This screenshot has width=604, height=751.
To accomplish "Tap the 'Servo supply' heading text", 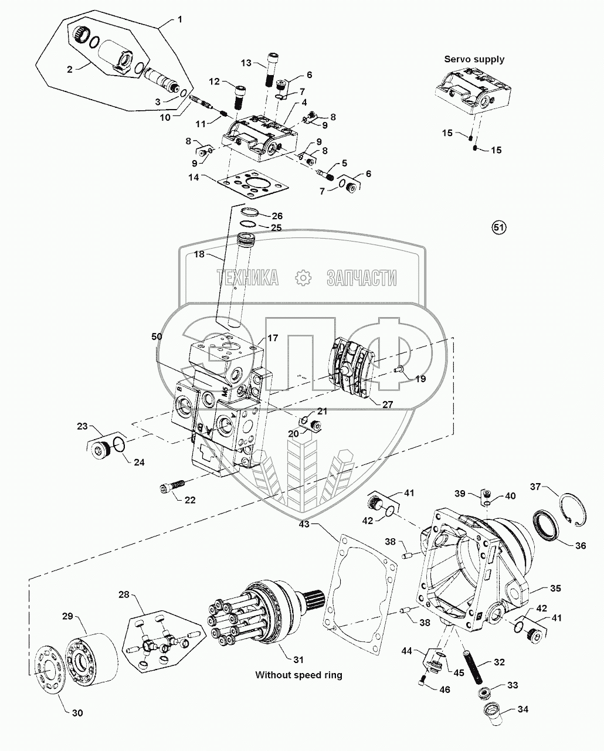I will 474,59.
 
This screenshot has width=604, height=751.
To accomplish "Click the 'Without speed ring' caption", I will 298,675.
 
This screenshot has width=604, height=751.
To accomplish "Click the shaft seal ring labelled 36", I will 546,524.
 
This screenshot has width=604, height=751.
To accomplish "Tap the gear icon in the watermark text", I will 303,277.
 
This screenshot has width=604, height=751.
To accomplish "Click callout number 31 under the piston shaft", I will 281,648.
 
